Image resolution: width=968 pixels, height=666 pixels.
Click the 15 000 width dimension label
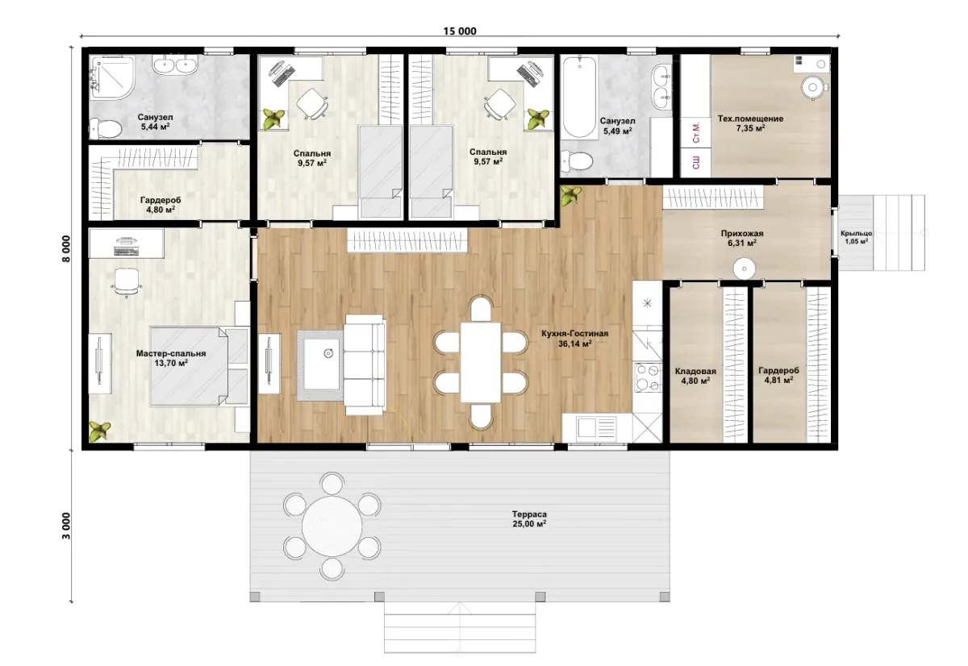click(x=460, y=31)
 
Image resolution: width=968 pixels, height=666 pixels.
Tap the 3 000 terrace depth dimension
click(x=65, y=526)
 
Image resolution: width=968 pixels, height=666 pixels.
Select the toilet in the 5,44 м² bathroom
click(x=105, y=128)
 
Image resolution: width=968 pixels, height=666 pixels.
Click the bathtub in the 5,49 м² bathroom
click(x=579, y=97)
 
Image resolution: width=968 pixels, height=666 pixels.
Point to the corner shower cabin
click(x=112, y=77)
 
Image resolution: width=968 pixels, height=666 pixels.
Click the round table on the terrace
click(x=332, y=526)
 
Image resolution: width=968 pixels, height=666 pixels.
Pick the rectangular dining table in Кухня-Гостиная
click(x=481, y=362)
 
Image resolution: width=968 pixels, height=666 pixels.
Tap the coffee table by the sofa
click(x=320, y=364)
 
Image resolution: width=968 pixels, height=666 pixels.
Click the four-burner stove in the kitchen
click(x=648, y=377)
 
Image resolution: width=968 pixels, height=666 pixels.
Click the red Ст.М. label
click(x=696, y=132)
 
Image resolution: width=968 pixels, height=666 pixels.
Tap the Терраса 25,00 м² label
click(x=529, y=518)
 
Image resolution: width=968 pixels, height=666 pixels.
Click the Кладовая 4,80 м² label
click(x=695, y=376)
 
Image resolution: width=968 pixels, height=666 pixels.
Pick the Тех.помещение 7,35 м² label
click(x=751, y=123)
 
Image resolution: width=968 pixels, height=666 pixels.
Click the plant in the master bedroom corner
click(x=100, y=431)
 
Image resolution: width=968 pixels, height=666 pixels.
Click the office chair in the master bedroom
click(x=126, y=281)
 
